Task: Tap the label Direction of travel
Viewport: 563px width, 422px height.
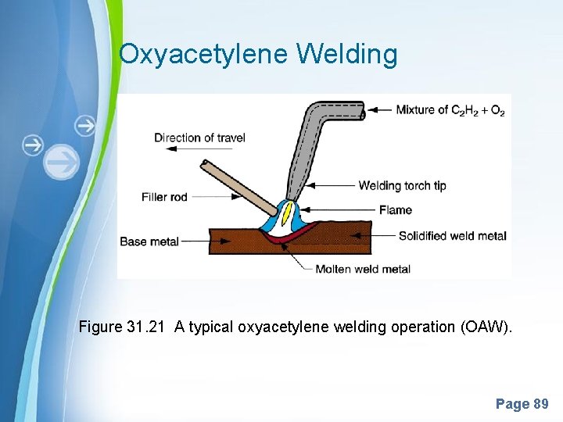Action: pos(199,138)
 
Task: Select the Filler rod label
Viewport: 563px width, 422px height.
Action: pos(165,197)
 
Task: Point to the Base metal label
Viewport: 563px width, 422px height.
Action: pos(149,241)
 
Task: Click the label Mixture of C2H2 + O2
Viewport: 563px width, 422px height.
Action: pos(450,110)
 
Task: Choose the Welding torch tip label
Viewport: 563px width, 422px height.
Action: pos(401,186)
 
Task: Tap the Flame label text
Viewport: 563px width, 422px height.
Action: pos(396,209)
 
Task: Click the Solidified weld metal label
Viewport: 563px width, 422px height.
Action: pos(452,236)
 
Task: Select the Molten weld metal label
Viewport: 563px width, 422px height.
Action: pos(363,270)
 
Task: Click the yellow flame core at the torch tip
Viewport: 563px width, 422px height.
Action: pos(287,211)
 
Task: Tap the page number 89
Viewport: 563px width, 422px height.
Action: pos(540,404)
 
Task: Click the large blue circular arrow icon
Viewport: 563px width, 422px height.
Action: pos(62,163)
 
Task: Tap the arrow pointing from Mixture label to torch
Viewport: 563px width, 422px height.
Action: pos(378,110)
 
